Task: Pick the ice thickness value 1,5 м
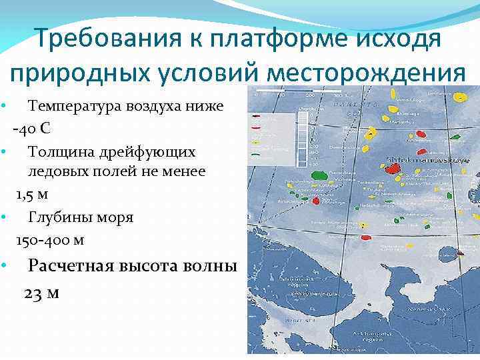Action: (x=33, y=194)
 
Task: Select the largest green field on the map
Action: (x=320, y=175)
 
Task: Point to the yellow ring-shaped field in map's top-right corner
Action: (x=459, y=97)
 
